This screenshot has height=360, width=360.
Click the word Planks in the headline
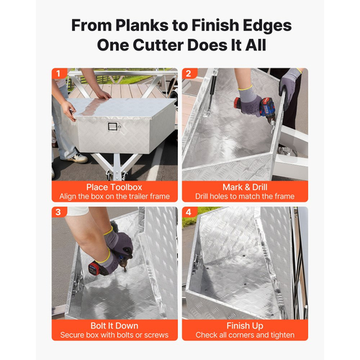tap(142, 25)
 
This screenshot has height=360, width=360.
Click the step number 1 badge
tap(58, 73)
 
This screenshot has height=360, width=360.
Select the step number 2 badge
tap(189, 73)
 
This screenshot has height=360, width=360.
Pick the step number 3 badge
tap(58, 212)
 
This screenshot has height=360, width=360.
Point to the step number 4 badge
tap(189, 212)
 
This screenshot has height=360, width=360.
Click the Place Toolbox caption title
tap(114, 187)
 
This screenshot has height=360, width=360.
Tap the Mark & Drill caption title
tap(245, 187)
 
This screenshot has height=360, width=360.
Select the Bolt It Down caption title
tap(114, 325)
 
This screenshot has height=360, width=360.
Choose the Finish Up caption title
tap(245, 326)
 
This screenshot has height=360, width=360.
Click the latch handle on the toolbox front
tap(112, 126)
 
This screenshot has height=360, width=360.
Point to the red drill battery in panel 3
tap(95, 269)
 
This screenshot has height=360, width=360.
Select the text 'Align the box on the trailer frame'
tap(114, 197)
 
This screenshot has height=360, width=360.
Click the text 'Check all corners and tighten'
tap(245, 335)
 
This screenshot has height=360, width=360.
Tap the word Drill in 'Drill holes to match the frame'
tap(202, 197)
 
